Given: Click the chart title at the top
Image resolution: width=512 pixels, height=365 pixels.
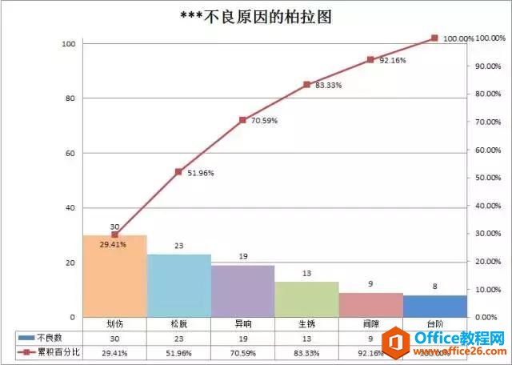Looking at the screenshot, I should tap(256, 17).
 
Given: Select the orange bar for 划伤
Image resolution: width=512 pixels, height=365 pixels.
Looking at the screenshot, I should tap(114, 276).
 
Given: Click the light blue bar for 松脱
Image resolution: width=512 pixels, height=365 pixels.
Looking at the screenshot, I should tap(178, 286).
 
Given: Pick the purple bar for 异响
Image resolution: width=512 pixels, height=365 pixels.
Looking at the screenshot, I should tap(242, 291).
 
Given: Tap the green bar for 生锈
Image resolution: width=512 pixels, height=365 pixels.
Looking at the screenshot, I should tap(306, 299).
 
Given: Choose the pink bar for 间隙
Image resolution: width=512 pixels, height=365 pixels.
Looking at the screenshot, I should tap(370, 305).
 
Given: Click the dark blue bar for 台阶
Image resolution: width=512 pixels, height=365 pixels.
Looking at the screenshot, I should tap(434, 307).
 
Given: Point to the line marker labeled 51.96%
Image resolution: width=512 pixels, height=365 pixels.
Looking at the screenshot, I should tap(178, 172).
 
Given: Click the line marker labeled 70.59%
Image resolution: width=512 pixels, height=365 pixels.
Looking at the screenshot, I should tap(242, 120).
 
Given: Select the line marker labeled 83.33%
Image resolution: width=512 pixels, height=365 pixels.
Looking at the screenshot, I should tap(306, 84).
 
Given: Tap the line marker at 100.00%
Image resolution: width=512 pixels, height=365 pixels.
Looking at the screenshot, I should tap(434, 38).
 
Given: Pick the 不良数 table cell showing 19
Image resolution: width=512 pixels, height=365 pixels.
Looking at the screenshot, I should tap(242, 338).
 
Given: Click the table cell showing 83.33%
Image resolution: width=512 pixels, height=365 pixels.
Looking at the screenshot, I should tap(306, 351).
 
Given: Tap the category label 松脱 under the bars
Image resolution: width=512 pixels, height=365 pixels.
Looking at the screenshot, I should tap(178, 324).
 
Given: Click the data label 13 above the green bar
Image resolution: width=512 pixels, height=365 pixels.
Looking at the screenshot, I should tap(306, 274).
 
